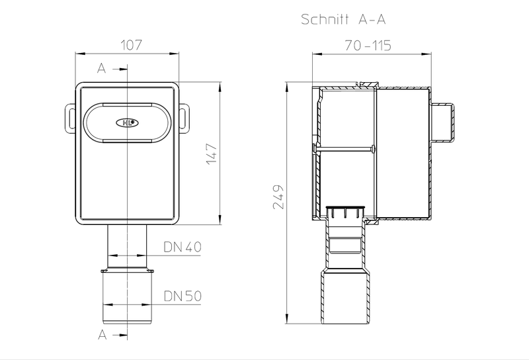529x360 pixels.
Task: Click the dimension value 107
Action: (x=132, y=45)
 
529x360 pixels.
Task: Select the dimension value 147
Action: (x=212, y=154)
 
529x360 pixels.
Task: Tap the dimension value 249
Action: (x=278, y=197)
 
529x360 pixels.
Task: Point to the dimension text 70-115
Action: (x=368, y=45)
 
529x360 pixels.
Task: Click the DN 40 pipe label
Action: (x=183, y=247)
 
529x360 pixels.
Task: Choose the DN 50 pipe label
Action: (x=183, y=296)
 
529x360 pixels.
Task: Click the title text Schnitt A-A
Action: (x=343, y=19)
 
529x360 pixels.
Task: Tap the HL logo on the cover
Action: (x=127, y=122)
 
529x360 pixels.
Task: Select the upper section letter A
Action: (x=102, y=69)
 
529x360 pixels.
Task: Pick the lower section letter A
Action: (x=102, y=335)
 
